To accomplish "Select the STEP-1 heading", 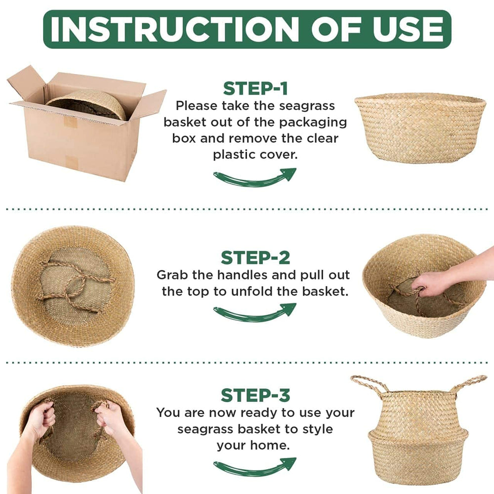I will pos(255,88).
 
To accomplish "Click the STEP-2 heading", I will pos(255,258).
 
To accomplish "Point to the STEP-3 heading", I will pos(255,396).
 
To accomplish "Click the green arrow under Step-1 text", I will pos(254,177).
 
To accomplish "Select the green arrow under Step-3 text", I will pos(254,466).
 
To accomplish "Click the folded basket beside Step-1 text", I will pos(420,127).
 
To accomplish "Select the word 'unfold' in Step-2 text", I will pos(262,291).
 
